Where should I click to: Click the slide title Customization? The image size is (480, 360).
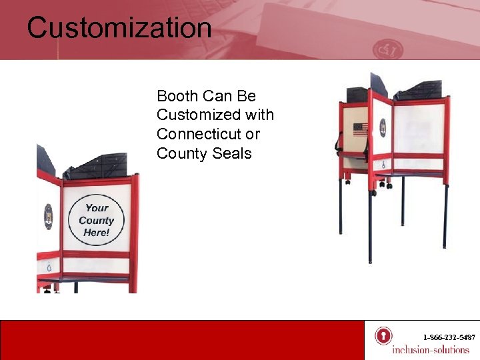(119, 28)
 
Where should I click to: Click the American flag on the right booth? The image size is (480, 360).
(361, 129)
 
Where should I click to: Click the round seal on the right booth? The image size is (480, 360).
(383, 127)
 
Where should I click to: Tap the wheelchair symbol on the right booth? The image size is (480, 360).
(382, 164)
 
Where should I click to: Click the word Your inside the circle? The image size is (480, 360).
(97, 207)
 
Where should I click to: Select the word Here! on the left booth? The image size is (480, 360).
(97, 233)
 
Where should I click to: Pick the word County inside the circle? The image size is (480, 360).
(97, 220)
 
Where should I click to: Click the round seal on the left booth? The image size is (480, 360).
(48, 217)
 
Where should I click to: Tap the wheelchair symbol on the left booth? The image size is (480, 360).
(48, 267)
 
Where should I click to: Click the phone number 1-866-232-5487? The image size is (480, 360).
(449, 337)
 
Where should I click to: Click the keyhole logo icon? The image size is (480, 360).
(383, 335)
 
